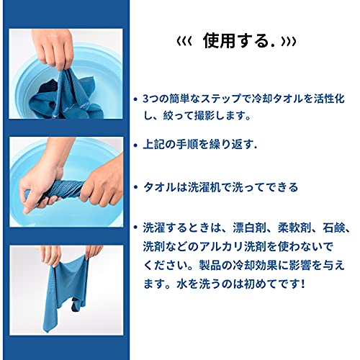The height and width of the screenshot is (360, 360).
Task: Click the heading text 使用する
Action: point(239,41)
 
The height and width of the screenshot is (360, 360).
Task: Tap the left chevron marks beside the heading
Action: point(184,42)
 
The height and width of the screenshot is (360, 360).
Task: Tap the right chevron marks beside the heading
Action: point(289,42)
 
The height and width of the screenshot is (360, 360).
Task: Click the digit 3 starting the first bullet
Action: point(145,99)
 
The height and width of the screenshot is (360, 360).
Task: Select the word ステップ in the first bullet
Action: point(221,99)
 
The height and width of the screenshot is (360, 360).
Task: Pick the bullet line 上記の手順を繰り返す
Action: point(199,145)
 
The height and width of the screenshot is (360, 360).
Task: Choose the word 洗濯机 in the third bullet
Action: point(204,187)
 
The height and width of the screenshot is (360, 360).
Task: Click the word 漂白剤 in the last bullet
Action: point(249,228)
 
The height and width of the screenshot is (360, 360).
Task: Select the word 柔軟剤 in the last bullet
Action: point(294,228)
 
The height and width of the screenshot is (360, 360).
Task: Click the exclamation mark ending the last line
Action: point(302,284)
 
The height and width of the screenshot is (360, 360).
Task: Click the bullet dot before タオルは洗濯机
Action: point(136,187)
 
